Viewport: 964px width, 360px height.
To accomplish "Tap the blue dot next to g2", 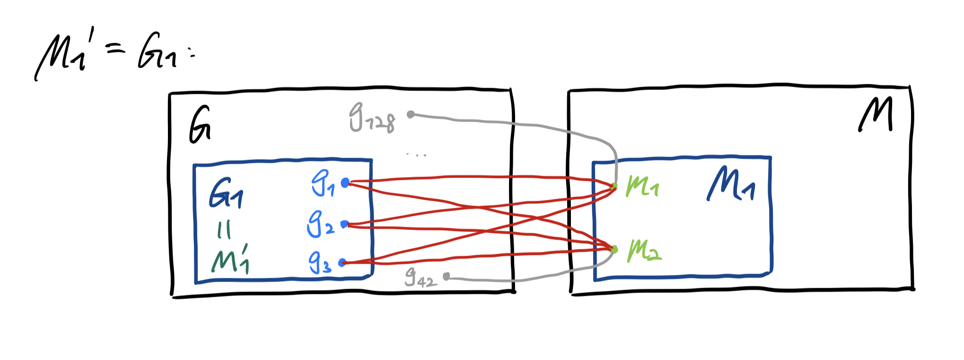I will [x=344, y=224].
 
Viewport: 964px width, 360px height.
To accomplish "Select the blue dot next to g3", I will [x=342, y=263].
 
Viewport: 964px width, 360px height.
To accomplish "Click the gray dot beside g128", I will [x=411, y=114].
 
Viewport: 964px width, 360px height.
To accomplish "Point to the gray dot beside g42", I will [x=446, y=276].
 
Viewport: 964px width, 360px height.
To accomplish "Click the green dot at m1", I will [x=614, y=186].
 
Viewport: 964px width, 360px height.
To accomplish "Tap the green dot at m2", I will [x=614, y=249].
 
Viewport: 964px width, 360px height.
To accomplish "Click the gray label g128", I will [x=372, y=118].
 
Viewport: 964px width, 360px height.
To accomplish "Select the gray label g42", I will [x=420, y=277].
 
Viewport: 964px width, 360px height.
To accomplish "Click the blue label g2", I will [x=320, y=224].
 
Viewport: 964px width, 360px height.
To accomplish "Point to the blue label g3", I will [x=319, y=263].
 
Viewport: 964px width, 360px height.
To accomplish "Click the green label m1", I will [x=642, y=186].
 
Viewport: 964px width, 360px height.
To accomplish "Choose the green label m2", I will [x=644, y=251].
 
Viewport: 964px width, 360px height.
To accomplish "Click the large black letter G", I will [x=200, y=125].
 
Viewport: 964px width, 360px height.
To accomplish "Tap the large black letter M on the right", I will [x=876, y=114].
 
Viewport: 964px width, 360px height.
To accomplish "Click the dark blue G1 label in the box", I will [x=226, y=193].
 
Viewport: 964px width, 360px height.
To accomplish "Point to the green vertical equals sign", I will [x=224, y=230].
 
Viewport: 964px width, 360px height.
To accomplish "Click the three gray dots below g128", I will [x=417, y=155].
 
